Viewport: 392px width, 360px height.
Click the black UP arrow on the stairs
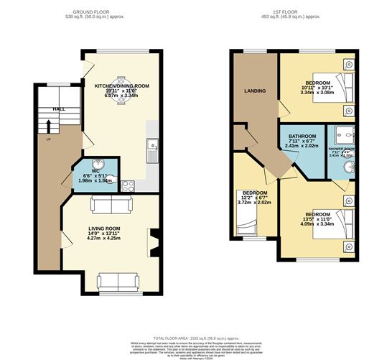point(48,128)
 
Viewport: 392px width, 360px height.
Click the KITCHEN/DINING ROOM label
point(121,86)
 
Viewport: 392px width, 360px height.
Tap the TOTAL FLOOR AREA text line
point(195,337)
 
